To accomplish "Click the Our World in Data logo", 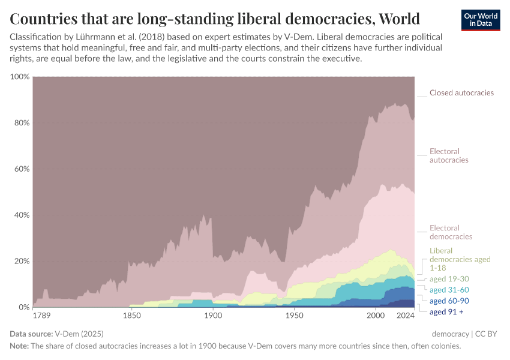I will (x=481, y=20).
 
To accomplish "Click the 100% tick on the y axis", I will (x=20, y=77).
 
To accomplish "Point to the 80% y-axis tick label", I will (x=22, y=123).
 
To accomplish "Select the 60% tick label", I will (x=22, y=169).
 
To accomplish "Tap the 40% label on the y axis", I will (x=22, y=215).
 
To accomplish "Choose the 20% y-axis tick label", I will (x=22, y=261).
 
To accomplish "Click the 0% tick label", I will (x=24, y=307).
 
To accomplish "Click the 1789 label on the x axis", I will (x=41, y=316).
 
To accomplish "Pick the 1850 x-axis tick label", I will (x=131, y=316).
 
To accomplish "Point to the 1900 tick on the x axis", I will (x=212, y=316).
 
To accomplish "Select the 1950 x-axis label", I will (x=294, y=316).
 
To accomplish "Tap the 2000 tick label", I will (x=375, y=316).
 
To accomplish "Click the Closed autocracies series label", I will (x=461, y=93).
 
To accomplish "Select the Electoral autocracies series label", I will (x=449, y=156).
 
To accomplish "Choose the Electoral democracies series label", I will (x=451, y=232).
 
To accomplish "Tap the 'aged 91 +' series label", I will (x=446, y=311).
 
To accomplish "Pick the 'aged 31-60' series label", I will (x=450, y=290).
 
